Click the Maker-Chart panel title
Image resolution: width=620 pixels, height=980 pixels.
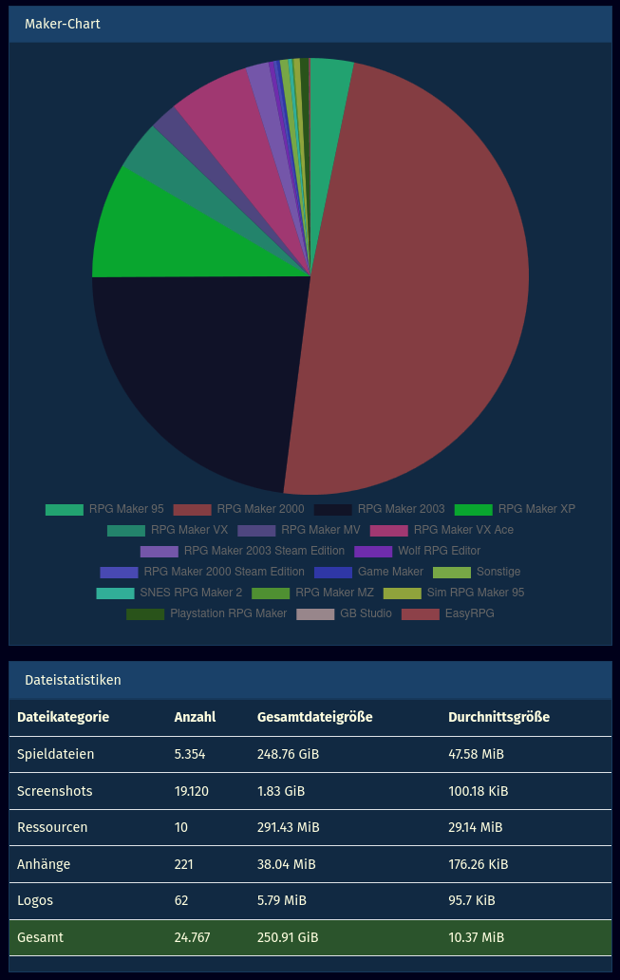(x=63, y=24)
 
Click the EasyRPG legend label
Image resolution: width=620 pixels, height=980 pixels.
(x=469, y=613)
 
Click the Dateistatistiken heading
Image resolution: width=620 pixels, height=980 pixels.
(x=73, y=680)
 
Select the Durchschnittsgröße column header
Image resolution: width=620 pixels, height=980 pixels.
(x=498, y=717)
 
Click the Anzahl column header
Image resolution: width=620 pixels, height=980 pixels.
(x=195, y=717)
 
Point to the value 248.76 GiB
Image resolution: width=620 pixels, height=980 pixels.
(x=289, y=754)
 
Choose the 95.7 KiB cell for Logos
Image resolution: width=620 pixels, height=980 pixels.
(x=475, y=900)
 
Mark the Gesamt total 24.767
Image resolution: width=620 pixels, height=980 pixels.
(x=193, y=937)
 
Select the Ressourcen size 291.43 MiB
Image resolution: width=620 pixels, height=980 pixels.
(x=289, y=827)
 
